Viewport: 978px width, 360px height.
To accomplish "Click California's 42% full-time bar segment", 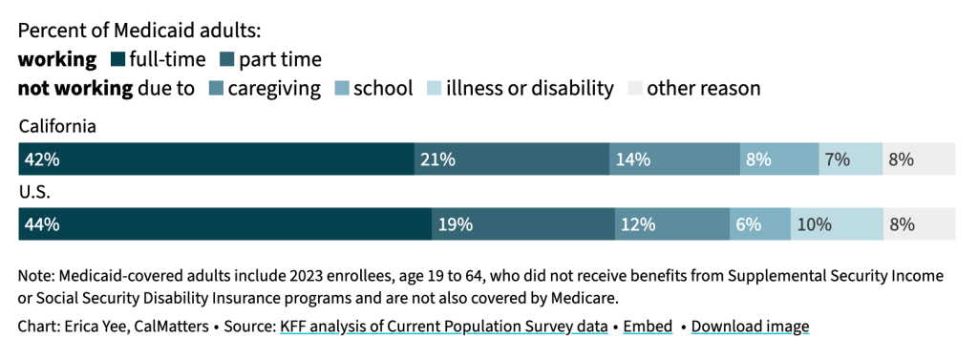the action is point(217,159).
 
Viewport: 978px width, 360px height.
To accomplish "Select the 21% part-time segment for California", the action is point(512,159).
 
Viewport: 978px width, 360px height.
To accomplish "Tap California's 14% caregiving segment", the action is point(675,159).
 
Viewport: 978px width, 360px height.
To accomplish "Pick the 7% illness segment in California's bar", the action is point(851,159).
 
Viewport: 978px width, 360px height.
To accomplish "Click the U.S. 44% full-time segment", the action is point(225,224).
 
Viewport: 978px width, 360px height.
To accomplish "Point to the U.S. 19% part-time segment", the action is point(523,224).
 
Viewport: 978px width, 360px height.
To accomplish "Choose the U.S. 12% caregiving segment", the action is point(672,224).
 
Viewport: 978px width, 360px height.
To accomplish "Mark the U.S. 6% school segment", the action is point(760,224).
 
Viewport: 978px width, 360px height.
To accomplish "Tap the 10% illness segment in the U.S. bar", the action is point(837,224).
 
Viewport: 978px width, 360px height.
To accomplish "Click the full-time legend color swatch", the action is point(117,60).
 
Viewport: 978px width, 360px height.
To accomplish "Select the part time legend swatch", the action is point(227,60).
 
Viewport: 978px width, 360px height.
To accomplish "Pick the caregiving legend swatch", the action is point(215,89).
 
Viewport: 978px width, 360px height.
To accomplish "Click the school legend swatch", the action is point(341,89).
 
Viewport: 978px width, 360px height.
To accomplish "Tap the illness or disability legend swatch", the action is point(435,89).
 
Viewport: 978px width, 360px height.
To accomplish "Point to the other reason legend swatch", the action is point(634,89).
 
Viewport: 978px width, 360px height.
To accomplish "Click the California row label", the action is point(57,127).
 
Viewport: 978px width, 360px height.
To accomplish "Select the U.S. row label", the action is point(34,192).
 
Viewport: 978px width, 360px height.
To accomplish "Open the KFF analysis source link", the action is point(444,327).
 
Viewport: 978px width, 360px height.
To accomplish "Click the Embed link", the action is point(648,327).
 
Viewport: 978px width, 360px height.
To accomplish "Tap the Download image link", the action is point(751,327).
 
